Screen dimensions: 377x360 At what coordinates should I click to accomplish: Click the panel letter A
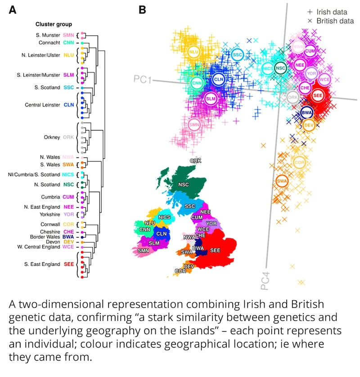[13, 9]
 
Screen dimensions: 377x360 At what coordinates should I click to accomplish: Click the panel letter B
[142, 9]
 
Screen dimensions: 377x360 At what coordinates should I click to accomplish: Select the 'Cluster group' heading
[54, 24]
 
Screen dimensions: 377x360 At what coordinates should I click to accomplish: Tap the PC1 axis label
[142, 80]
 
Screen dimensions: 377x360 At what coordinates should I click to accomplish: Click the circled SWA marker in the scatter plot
[282, 181]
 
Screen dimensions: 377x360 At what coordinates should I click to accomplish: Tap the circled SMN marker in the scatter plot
[194, 125]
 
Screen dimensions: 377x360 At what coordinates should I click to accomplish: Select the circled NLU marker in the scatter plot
[194, 52]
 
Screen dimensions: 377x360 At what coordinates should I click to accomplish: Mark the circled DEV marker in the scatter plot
[308, 125]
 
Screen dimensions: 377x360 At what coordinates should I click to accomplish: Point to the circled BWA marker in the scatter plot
[306, 112]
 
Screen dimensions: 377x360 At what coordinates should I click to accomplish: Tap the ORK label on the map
[196, 160]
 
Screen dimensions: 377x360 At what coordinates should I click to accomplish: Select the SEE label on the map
[215, 250]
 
